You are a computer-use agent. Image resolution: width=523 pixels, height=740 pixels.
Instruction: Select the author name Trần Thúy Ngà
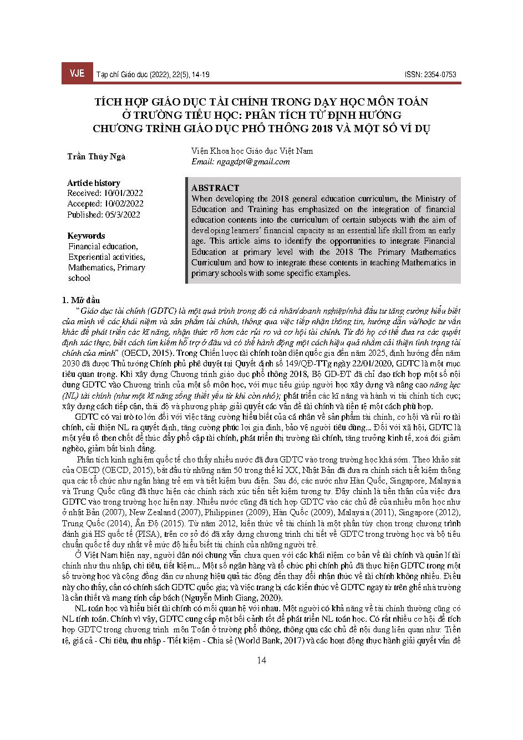coord(96,157)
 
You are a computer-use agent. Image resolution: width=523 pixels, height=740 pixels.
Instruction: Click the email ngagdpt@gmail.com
coord(240,162)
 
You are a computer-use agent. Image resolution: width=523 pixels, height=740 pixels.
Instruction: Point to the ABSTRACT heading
coord(215,188)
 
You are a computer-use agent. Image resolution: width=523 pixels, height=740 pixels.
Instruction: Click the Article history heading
coord(93,183)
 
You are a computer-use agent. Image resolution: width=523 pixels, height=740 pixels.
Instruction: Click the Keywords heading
coord(85,235)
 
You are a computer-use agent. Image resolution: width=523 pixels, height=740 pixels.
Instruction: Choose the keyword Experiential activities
coord(106,257)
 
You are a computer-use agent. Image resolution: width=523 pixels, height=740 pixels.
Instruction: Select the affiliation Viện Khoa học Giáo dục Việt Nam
coord(252,151)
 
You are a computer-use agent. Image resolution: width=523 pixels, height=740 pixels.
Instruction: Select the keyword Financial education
coord(103,246)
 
